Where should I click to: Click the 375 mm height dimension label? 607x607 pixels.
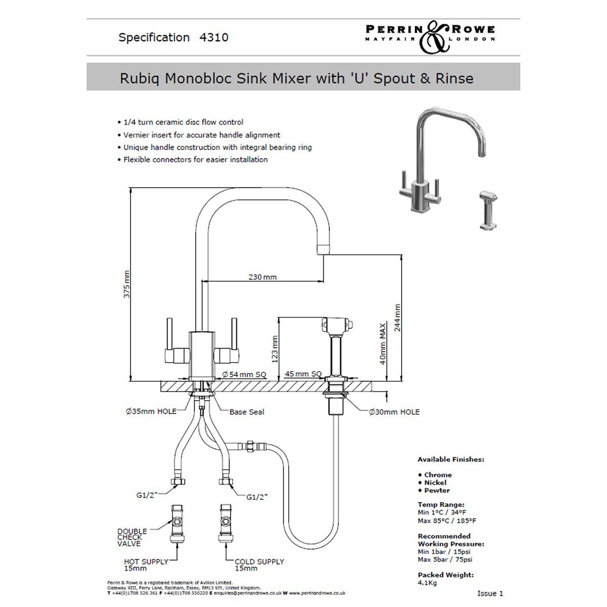click(x=126, y=284)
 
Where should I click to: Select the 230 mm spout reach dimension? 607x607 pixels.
click(x=263, y=277)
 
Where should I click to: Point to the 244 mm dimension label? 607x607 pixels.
click(x=398, y=318)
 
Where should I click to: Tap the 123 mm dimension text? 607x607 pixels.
click(x=275, y=349)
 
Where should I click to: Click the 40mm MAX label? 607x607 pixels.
click(x=383, y=343)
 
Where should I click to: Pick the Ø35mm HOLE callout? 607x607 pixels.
click(x=151, y=411)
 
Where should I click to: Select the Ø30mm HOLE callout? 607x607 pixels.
click(x=395, y=412)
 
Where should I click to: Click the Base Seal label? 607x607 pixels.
click(x=247, y=412)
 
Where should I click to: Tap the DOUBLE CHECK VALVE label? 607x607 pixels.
click(x=132, y=537)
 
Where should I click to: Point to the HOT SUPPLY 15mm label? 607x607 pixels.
click(x=146, y=565)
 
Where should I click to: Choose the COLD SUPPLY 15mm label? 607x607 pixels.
click(x=259, y=565)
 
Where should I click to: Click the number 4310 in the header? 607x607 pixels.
click(x=214, y=37)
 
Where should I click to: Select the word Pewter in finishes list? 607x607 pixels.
click(x=437, y=490)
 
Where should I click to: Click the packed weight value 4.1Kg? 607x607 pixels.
click(x=427, y=583)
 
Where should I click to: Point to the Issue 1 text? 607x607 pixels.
click(x=490, y=593)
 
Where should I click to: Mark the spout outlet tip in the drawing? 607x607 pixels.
click(x=323, y=249)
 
